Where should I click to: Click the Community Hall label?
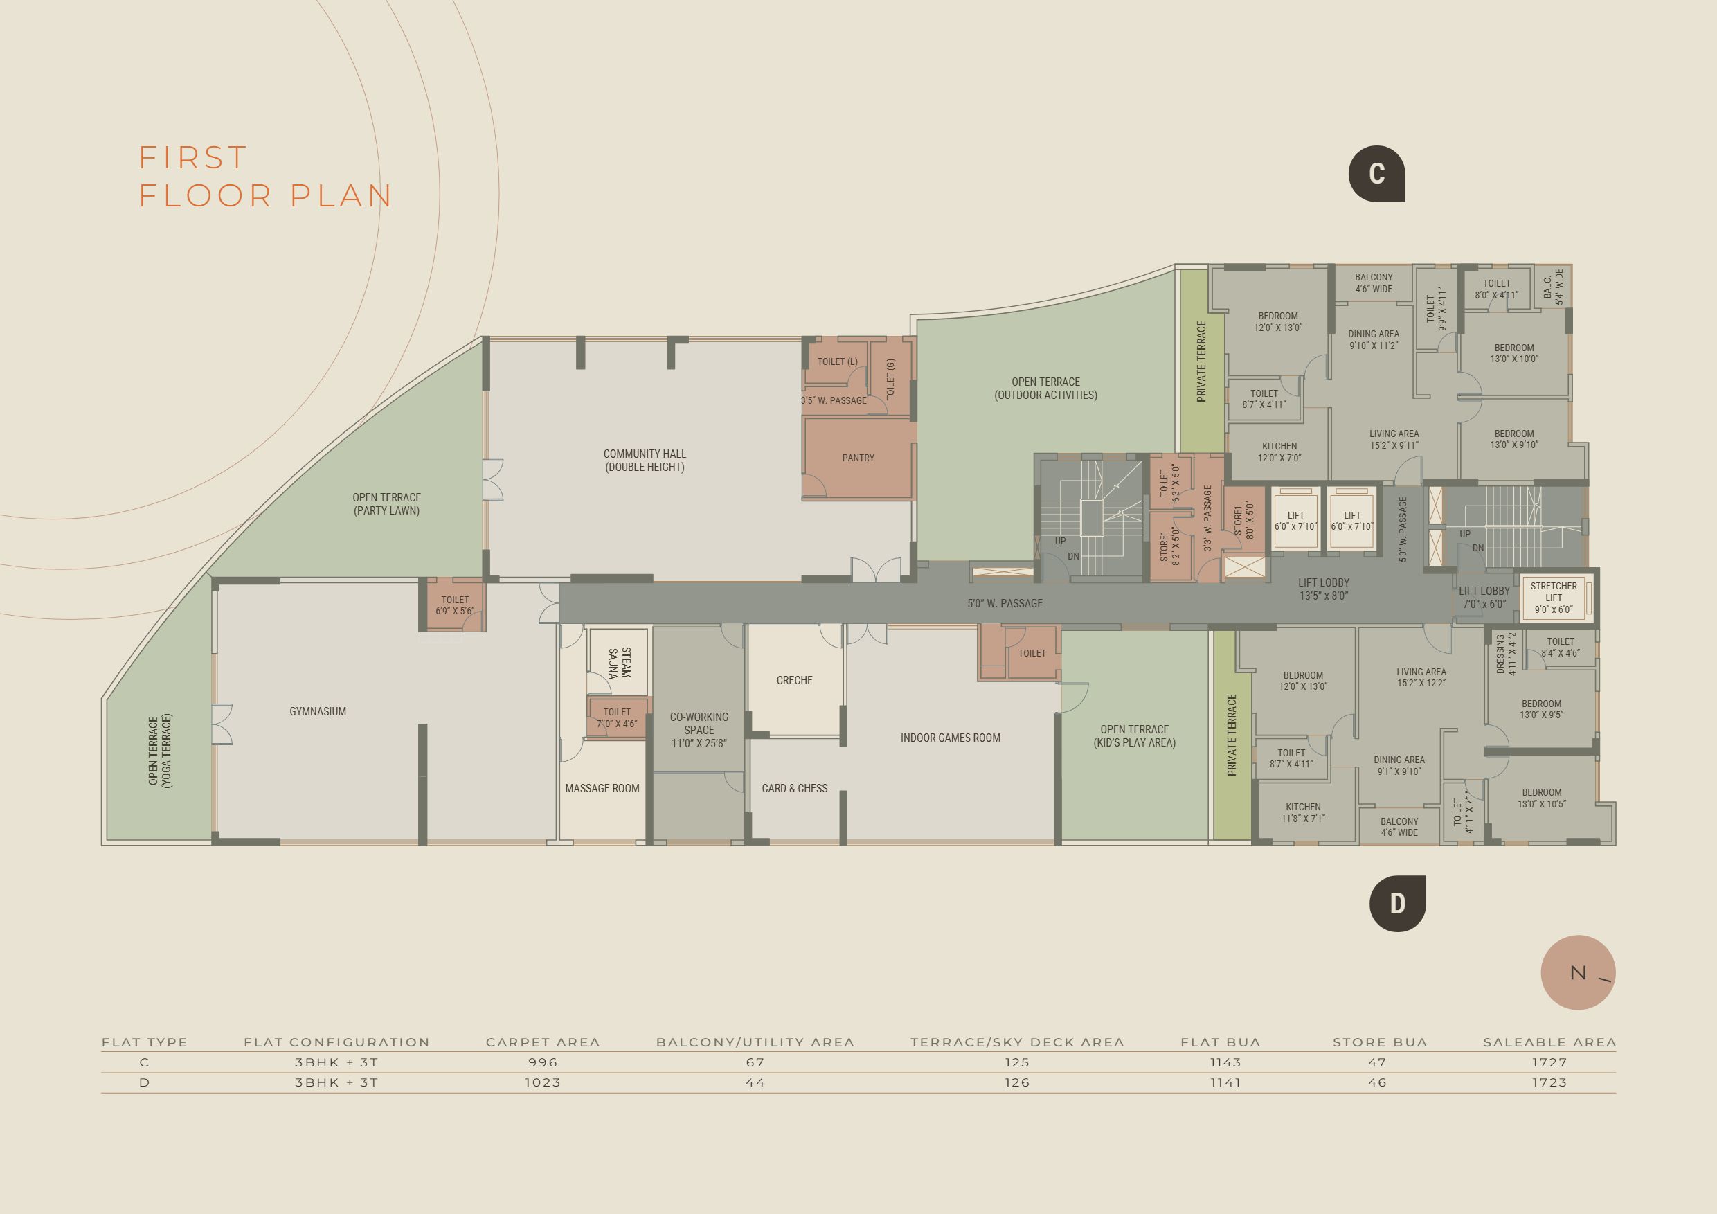point(645,460)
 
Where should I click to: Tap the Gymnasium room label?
point(318,711)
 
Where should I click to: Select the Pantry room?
point(858,458)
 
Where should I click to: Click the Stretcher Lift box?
point(1554,598)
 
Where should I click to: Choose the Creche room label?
point(794,680)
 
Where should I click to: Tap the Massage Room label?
point(602,787)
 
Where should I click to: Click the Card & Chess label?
point(794,787)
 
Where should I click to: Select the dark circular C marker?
point(1377,174)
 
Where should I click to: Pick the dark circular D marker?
point(1398,904)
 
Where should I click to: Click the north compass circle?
point(1578,972)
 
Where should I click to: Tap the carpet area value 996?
point(543,1062)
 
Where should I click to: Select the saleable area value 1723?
point(1549,1082)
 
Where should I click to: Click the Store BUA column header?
point(1380,1042)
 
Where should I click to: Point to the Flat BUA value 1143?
point(1225,1062)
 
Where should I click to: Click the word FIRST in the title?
point(193,158)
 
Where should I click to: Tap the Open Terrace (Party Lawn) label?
point(386,504)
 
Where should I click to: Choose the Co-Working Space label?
point(699,729)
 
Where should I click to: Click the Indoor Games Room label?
point(950,738)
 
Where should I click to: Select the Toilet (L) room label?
point(838,361)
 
